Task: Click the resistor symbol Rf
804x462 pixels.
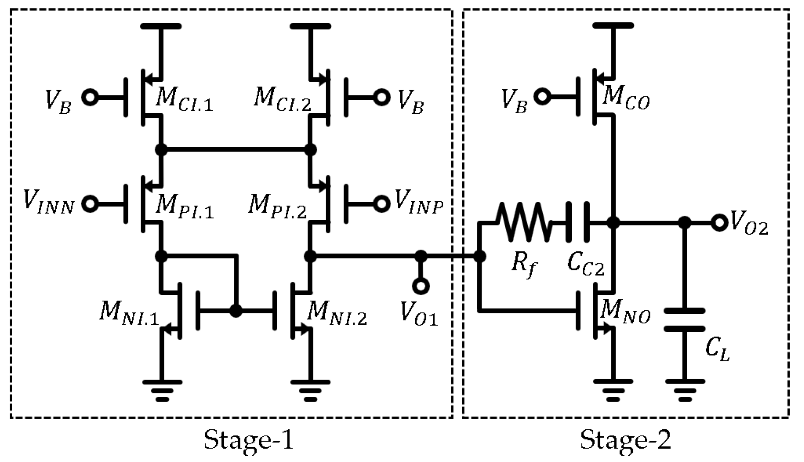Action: coord(524,222)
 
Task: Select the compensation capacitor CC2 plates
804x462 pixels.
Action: coord(578,222)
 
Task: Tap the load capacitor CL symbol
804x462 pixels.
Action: coord(684,320)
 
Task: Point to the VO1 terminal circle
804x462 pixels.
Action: coord(421,286)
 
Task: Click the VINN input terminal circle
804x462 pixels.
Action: coord(90,204)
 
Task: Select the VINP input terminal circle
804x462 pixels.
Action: coord(381,204)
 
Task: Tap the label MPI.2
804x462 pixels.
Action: coord(277,206)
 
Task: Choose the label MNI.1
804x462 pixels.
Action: coord(129,314)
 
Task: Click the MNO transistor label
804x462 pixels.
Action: coord(625,312)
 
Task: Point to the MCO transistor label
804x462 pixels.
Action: coord(626,99)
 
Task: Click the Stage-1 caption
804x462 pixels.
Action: coord(248,440)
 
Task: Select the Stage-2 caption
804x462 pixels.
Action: coord(625,440)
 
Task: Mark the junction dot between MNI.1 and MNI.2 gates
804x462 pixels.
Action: coord(236,311)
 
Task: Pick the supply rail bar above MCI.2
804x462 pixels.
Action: coord(310,26)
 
